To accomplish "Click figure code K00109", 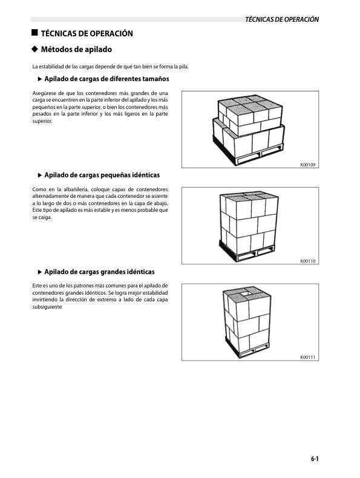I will [308, 165].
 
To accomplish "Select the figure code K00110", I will [308, 261].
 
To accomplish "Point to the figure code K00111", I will [308, 357].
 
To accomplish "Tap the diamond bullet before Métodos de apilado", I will [34, 49].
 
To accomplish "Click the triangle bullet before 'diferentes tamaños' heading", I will [40, 80].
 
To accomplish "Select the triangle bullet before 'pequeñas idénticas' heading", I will [40, 175].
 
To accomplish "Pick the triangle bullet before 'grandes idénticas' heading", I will [40, 272].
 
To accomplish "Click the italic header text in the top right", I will [282, 20].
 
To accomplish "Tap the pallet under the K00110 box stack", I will [249, 254].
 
